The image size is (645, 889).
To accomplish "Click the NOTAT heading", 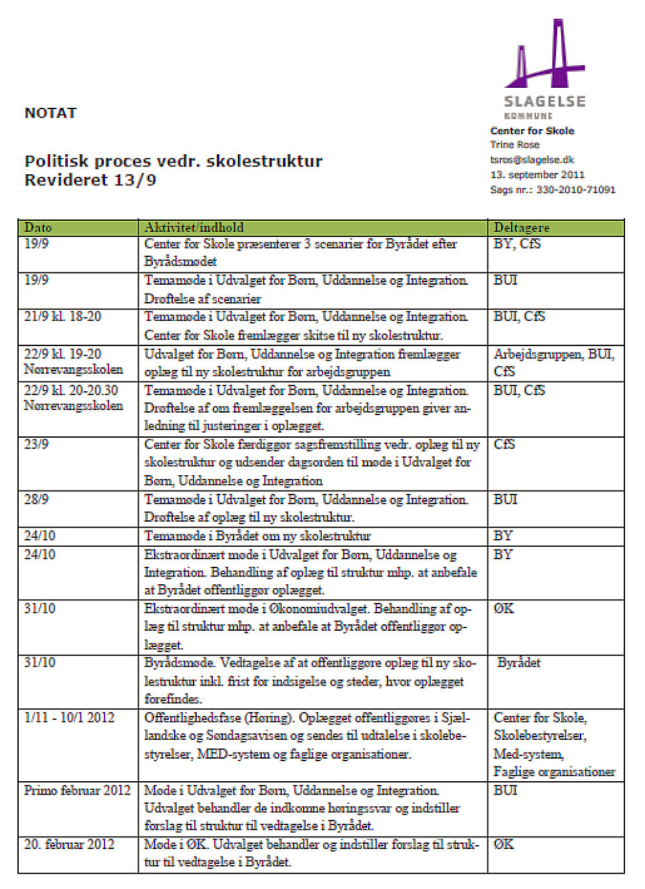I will click(50, 113).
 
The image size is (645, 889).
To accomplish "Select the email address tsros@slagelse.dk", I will click(531, 159).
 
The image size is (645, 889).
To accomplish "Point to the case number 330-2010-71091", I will click(575, 190).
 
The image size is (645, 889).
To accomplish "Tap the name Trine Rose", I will click(515, 145).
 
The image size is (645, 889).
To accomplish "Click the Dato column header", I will click(38, 227).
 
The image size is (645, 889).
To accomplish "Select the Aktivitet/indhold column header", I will click(194, 227).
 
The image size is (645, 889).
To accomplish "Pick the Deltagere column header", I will click(521, 227).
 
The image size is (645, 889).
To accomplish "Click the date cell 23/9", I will click(36, 445).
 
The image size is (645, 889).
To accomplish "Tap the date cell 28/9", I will click(36, 500).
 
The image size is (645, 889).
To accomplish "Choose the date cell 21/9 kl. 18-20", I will click(63, 316).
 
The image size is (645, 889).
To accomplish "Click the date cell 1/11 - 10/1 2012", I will click(69, 718).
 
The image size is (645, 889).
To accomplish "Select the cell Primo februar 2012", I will click(77, 790).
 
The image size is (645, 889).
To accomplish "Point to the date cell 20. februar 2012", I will click(69, 844).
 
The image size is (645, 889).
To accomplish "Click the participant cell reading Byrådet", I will click(519, 663).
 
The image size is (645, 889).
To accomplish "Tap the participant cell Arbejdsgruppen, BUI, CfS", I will click(553, 362).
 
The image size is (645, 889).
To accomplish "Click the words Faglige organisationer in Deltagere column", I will click(554, 771).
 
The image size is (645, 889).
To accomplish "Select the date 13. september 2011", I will click(537, 174).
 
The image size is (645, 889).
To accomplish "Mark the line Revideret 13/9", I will click(90, 180).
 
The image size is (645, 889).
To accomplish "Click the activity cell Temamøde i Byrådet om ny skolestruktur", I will click(257, 536).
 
